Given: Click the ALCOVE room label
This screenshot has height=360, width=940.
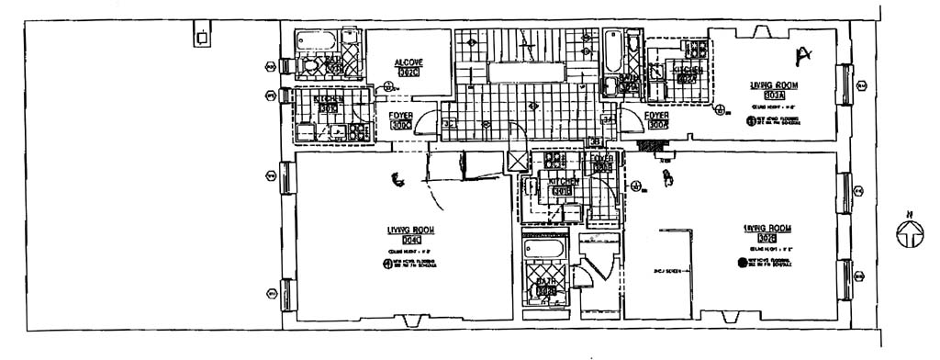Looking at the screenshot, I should point(408,62).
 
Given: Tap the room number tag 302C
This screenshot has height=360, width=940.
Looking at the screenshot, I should point(408,73).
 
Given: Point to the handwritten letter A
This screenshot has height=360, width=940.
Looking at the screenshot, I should point(805,55).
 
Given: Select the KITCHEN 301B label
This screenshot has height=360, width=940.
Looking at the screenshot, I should point(563,182).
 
